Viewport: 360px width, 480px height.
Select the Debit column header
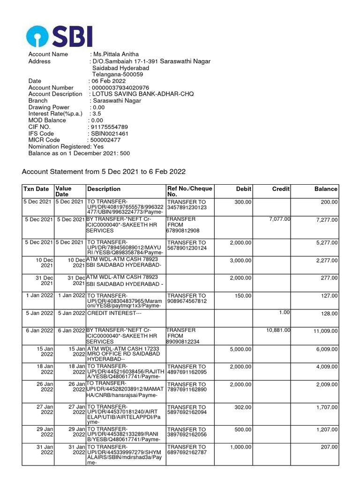click(x=244, y=189)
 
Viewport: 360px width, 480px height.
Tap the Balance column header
click(x=326, y=189)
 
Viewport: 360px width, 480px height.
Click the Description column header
click(x=104, y=189)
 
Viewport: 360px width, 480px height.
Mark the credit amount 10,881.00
click(x=278, y=330)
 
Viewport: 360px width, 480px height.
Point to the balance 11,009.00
click(x=325, y=331)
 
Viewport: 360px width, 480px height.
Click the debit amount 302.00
click(x=243, y=408)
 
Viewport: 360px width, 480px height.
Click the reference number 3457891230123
click(x=187, y=207)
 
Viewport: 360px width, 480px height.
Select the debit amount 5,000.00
click(x=240, y=349)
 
